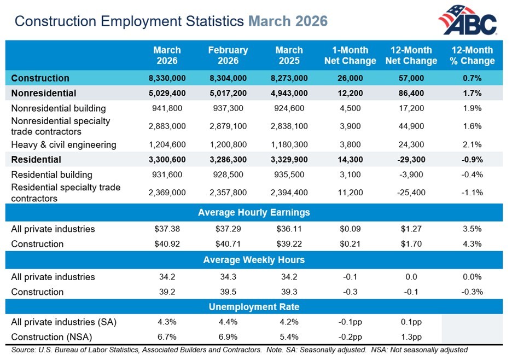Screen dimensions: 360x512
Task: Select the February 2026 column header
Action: point(228,55)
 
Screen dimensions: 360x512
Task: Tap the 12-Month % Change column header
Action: point(472,55)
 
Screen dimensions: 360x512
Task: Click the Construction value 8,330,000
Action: point(167,78)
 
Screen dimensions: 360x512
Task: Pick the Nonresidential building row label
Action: point(59,108)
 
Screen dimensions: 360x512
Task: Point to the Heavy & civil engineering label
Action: point(63,145)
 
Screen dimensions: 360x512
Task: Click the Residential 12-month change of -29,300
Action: point(411,160)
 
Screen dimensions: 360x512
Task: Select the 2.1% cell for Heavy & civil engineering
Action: point(473,145)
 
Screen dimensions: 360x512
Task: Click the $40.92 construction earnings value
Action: point(167,244)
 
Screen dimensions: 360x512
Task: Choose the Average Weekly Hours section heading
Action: point(254,260)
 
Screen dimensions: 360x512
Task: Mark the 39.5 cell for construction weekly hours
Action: point(228,292)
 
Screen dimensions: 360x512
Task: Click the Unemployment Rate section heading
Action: point(254,307)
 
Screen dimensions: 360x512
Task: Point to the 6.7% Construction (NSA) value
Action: point(167,337)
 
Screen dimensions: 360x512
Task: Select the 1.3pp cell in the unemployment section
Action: point(411,337)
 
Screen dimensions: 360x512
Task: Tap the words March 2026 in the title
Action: point(288,21)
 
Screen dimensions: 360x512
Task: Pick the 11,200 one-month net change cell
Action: point(350,192)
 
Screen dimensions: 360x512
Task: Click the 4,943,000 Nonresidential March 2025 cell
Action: point(289,94)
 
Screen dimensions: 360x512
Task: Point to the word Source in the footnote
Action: point(23,350)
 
